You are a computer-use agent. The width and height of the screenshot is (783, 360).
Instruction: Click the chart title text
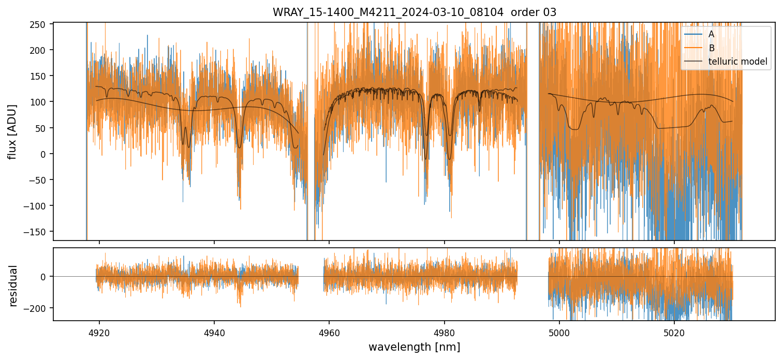pyautogui.click(x=414, y=12)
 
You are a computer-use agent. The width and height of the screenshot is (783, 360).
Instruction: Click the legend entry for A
pyautogui.click(x=711, y=34)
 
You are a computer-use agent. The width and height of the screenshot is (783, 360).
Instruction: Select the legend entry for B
pyautogui.click(x=711, y=48)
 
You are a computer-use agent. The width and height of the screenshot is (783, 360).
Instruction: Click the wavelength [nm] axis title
pyautogui.click(x=414, y=347)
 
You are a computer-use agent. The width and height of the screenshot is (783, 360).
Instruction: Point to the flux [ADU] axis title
pyautogui.click(x=12, y=131)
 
